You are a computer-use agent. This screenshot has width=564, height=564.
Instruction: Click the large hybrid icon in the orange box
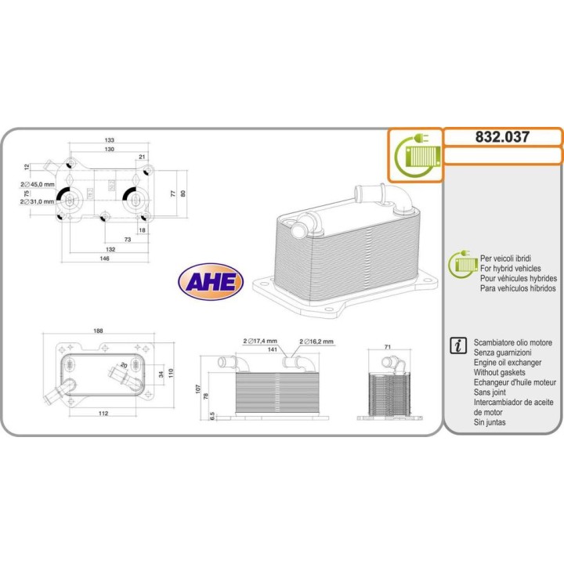416,154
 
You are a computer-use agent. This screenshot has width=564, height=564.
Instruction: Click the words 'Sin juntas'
490,423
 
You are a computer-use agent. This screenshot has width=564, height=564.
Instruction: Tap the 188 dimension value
99,332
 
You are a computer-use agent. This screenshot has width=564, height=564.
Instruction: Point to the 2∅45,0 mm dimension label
38,186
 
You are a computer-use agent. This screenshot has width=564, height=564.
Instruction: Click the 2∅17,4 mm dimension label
259,342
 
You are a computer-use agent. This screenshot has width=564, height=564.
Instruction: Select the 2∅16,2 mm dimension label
317,342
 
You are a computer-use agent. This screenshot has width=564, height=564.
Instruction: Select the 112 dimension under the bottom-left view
99,414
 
